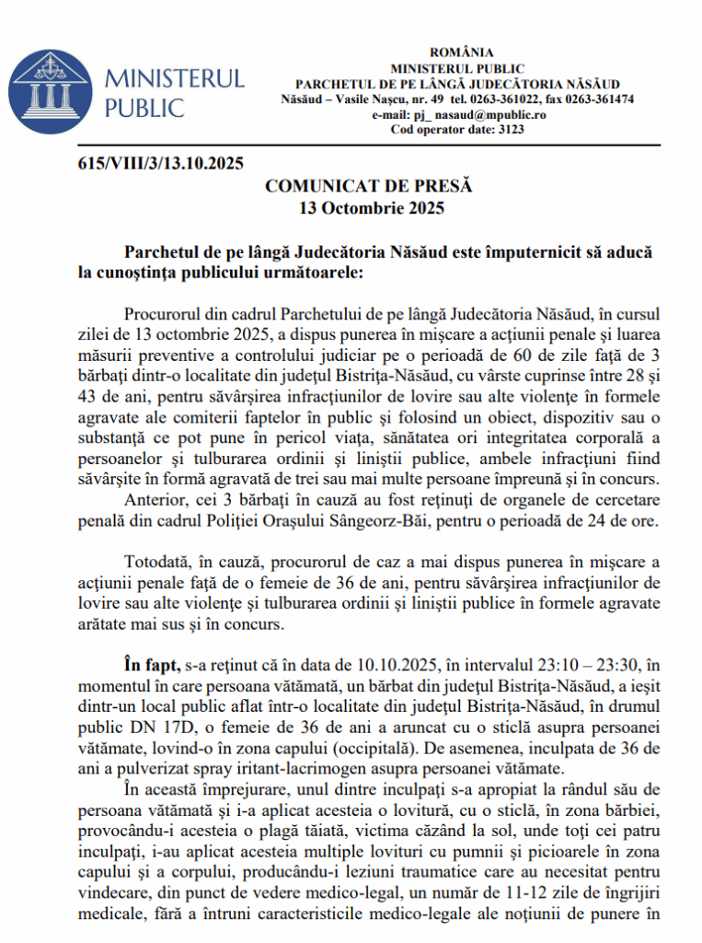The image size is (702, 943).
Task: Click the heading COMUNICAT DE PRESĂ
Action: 368,186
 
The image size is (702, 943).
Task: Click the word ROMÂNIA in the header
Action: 461,52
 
